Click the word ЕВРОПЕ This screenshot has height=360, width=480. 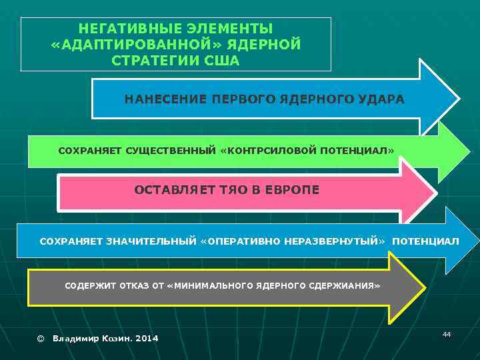click(292, 190)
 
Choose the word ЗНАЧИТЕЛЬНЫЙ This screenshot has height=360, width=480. click(151, 240)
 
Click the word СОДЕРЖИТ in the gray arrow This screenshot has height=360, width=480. click(91, 285)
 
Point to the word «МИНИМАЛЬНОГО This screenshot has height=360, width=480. click(209, 285)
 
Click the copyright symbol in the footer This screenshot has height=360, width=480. click(40, 339)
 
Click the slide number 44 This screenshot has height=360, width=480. click(447, 333)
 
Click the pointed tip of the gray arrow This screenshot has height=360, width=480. click(423, 287)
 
